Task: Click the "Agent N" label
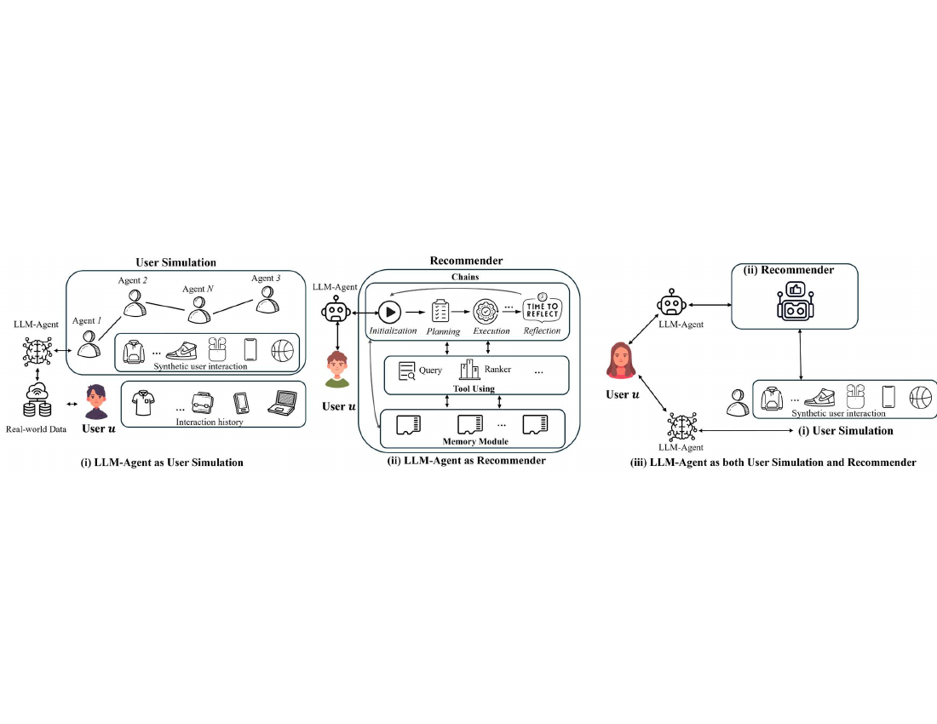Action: tap(198, 289)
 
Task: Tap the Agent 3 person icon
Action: tap(267, 299)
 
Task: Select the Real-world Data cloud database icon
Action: tap(37, 400)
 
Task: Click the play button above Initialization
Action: tap(389, 311)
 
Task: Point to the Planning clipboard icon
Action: tap(440, 311)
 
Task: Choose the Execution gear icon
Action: tap(486, 311)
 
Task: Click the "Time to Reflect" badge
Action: tap(542, 307)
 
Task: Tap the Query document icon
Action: tap(407, 371)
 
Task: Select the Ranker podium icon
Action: tap(469, 369)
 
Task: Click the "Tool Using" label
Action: tap(474, 389)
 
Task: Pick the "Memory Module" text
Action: tap(475, 441)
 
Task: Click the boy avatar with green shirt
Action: tap(337, 369)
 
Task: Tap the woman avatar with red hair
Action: tap(622, 361)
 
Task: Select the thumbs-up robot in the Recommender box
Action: tap(795, 302)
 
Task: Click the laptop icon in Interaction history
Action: tap(283, 403)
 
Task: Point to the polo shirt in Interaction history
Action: tap(143, 403)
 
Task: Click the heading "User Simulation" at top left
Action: tap(175, 262)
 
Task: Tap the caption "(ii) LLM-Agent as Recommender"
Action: tap(467, 461)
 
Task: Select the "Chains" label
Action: tap(465, 277)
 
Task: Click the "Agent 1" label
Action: tap(87, 321)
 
